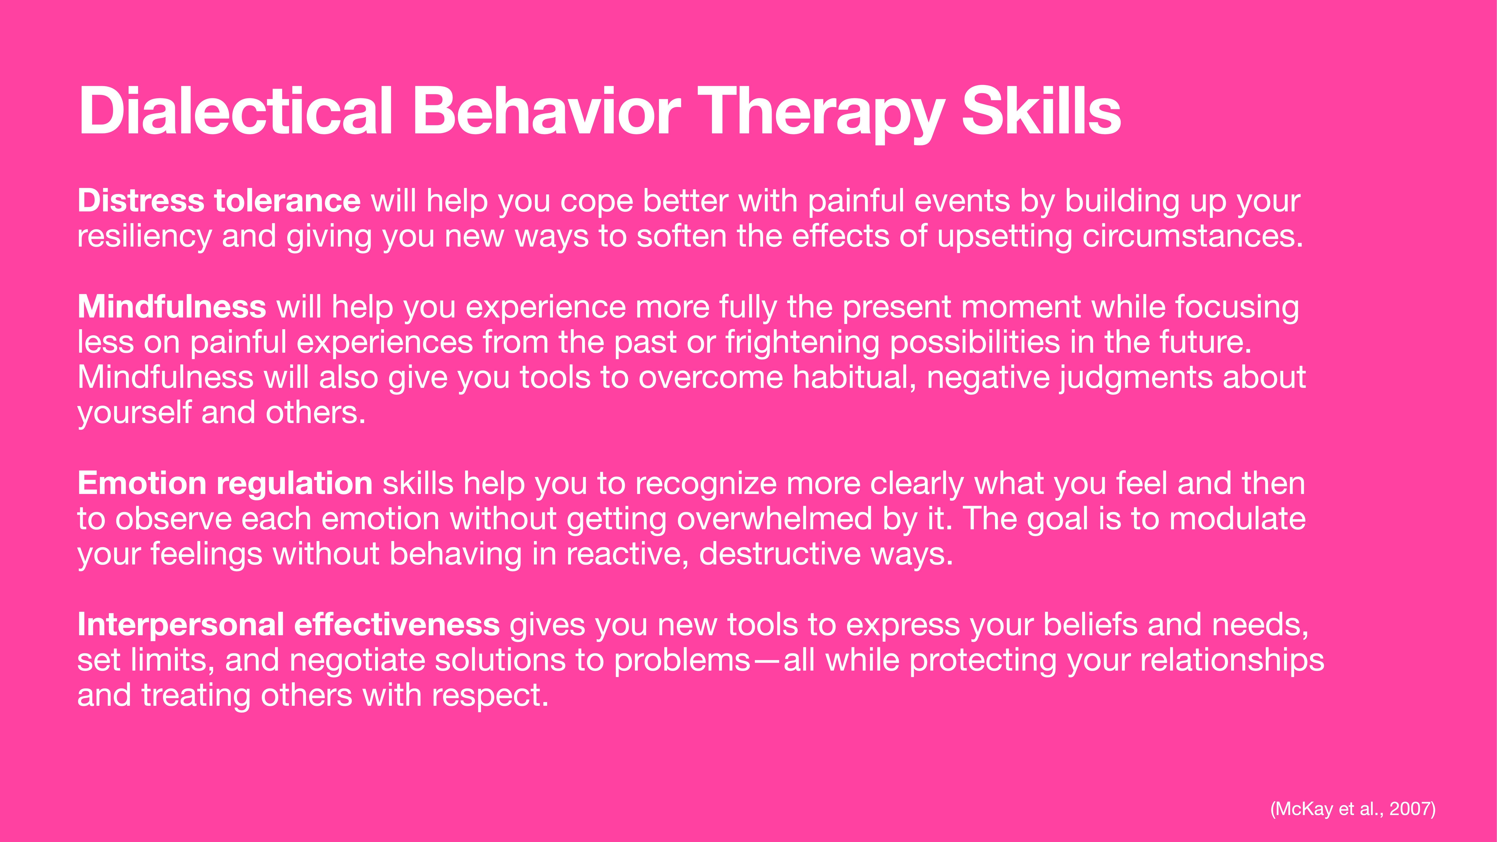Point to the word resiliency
[x=145, y=237]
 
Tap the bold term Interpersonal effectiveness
[x=288, y=625]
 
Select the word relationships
[x=1232, y=660]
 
